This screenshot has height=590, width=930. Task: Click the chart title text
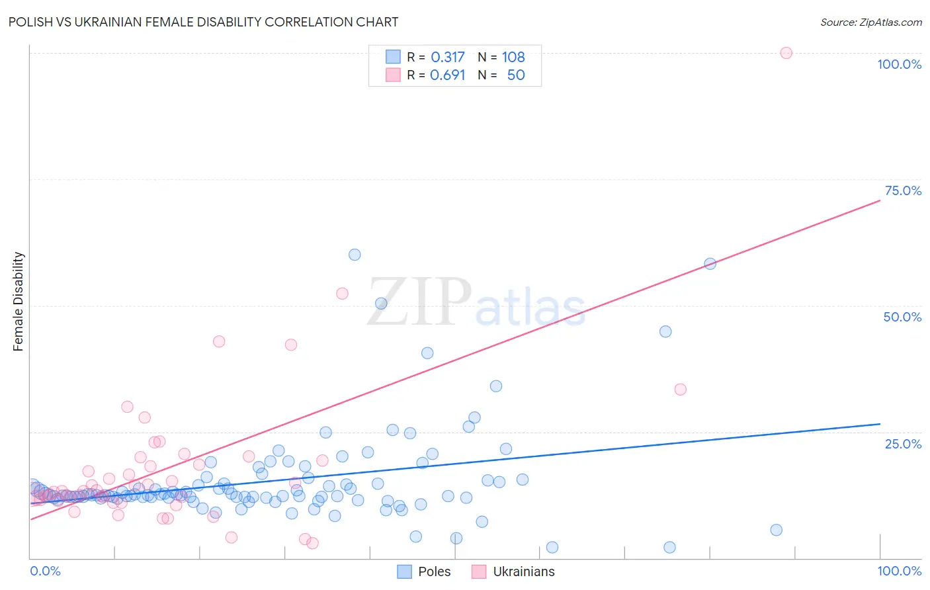pyautogui.click(x=203, y=22)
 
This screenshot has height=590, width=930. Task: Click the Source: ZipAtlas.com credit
pyautogui.click(x=870, y=22)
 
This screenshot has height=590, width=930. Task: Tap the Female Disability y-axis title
pyautogui.click(x=19, y=302)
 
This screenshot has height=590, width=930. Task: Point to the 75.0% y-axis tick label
pyautogui.click(x=903, y=190)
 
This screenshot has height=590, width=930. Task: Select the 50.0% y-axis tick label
pyautogui.click(x=902, y=317)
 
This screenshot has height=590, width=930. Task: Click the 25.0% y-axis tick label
pyautogui.click(x=903, y=444)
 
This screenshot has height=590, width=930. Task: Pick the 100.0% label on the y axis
pyautogui.click(x=899, y=64)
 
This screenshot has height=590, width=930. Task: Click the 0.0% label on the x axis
pyautogui.click(x=45, y=571)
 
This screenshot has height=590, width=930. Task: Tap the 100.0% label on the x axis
pyautogui.click(x=899, y=571)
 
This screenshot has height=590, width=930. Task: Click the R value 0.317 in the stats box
pyautogui.click(x=448, y=58)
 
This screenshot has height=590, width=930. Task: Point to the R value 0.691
pyautogui.click(x=448, y=75)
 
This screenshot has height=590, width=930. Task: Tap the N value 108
pyautogui.click(x=513, y=58)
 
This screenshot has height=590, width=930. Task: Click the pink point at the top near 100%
pyautogui.click(x=786, y=53)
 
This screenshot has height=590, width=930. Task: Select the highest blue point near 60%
pyautogui.click(x=355, y=255)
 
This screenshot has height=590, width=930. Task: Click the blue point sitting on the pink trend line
pyautogui.click(x=710, y=263)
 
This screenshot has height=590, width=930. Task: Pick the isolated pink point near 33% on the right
pyautogui.click(x=680, y=390)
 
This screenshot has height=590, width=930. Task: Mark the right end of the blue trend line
pyautogui.click(x=880, y=423)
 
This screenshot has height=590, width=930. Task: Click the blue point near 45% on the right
pyautogui.click(x=665, y=331)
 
